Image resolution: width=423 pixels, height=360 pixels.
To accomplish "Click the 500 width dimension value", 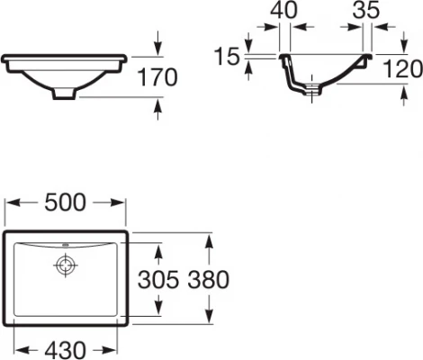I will [x=66, y=204].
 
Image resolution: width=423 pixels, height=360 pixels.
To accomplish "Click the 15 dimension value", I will [x=229, y=58].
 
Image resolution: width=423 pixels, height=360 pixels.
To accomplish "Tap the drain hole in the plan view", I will [x=66, y=265].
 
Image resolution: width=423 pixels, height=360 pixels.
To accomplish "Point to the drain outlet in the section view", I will [x=311, y=88].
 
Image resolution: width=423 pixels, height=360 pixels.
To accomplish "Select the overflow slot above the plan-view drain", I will [x=66, y=245].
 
